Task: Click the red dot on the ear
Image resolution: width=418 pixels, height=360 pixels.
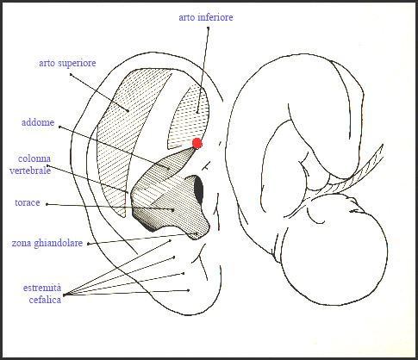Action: [197, 143]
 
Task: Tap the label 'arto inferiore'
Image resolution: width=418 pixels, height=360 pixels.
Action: [206, 17]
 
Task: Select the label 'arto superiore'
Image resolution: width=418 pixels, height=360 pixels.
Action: [67, 64]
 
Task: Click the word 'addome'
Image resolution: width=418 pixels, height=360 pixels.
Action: [38, 122]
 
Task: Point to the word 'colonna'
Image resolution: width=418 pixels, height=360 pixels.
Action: [34, 158]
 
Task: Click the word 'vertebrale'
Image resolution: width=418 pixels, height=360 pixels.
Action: [30, 171]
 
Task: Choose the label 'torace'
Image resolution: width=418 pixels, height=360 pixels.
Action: [28, 202]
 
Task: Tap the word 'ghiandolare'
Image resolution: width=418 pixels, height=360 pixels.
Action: [59, 244]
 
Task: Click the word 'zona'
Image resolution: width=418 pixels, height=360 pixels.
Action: [22, 244]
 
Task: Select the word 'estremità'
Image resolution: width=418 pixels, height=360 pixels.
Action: [42, 288]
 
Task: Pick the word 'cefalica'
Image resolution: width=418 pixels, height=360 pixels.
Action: [45, 300]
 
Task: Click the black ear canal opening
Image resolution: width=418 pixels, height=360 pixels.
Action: [198, 189]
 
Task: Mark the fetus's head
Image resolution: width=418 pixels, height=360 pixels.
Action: [334, 252]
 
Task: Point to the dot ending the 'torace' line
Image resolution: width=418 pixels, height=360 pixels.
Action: [173, 210]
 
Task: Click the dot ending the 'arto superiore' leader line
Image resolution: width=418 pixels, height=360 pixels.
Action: [128, 110]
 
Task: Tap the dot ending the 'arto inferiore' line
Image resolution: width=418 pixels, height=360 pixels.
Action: [197, 111]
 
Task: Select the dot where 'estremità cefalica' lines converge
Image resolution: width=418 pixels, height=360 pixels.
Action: [64, 295]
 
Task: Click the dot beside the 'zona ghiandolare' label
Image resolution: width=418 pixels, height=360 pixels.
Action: [88, 244]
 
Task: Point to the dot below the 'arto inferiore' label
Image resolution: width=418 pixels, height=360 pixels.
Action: [208, 28]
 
